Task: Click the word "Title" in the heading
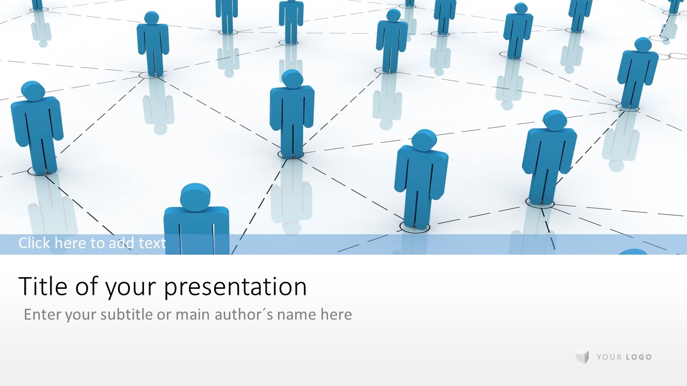point(43,286)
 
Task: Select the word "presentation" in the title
point(236,288)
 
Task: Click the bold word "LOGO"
point(639,357)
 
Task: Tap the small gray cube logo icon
point(582,357)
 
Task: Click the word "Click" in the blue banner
point(34,243)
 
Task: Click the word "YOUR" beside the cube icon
point(609,357)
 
